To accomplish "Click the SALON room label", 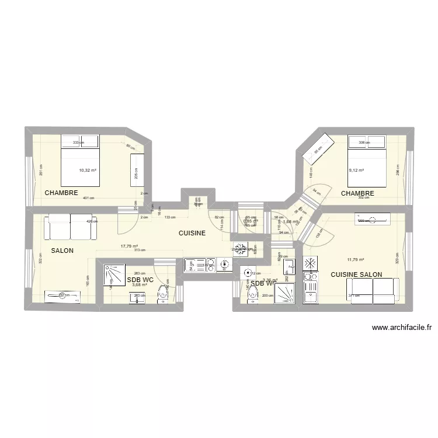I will click(x=62, y=250).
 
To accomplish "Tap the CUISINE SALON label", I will click(x=356, y=274).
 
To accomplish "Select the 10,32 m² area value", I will click(x=88, y=171).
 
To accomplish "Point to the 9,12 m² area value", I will click(x=356, y=171).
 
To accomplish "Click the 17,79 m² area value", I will click(x=129, y=246).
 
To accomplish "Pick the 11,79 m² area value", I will click(x=355, y=260).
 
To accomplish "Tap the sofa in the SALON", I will click(x=70, y=227).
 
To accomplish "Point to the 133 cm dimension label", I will click(x=170, y=217).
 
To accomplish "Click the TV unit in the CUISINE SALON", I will click(x=371, y=221).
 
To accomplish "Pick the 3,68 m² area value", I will click(x=140, y=285).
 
